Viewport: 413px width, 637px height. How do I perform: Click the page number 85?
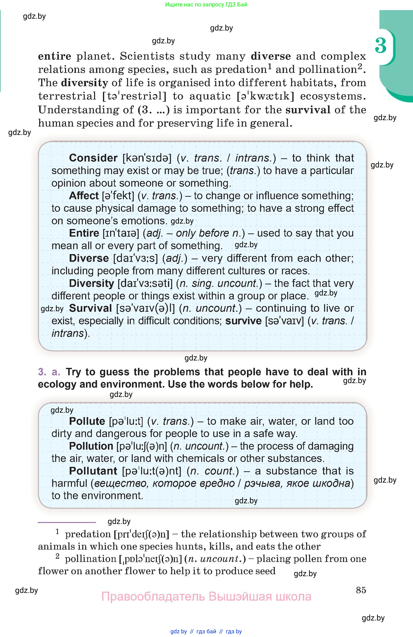(x=361, y=590)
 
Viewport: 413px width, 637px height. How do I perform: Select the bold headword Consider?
(x=93, y=158)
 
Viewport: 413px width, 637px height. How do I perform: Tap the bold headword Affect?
(x=84, y=196)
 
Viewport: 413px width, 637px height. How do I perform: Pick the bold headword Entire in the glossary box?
(x=84, y=233)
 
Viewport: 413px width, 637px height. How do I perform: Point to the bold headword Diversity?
(x=92, y=283)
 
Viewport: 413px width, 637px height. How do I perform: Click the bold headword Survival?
(x=90, y=308)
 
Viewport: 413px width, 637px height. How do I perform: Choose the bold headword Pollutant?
(x=93, y=471)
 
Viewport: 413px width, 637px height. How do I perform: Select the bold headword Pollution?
(x=91, y=446)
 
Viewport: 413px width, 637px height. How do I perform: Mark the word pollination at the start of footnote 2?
(x=90, y=559)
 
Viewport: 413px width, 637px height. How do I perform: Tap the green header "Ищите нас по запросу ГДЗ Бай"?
(x=206, y=4)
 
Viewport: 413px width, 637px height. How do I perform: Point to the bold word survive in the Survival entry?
(x=243, y=321)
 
